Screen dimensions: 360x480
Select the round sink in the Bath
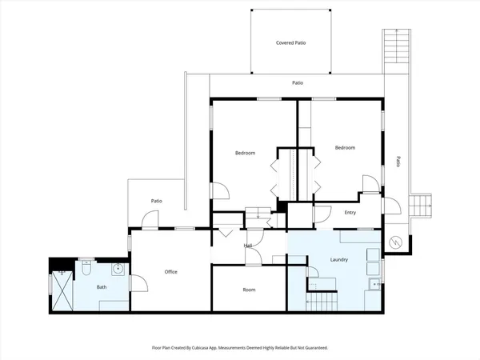(117, 269)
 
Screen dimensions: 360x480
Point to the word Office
(170, 272)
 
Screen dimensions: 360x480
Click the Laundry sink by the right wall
(374, 285)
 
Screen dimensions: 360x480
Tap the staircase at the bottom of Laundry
(322, 302)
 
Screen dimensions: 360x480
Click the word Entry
(350, 212)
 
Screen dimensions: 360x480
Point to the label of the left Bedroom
(245, 153)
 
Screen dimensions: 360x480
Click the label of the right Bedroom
(345, 147)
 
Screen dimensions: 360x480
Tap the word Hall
(248, 246)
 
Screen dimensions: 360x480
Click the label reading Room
(249, 290)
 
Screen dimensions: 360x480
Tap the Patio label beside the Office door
(157, 201)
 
